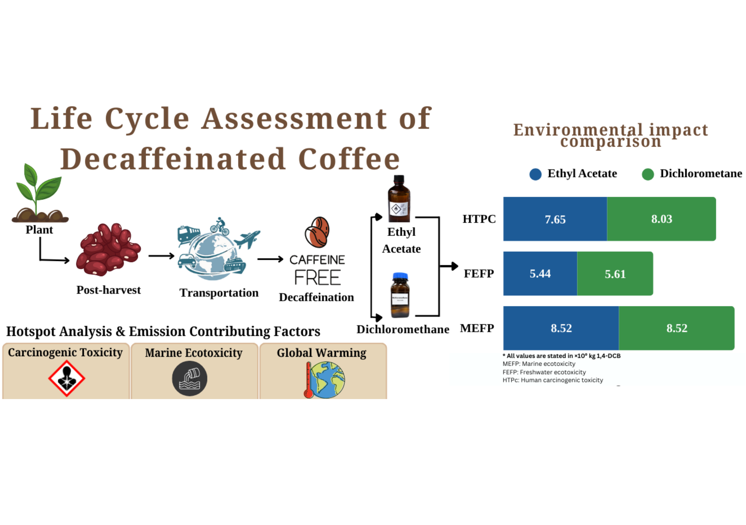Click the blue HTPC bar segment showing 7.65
(555, 219)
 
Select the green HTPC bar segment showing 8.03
(661, 219)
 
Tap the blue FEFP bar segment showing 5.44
(540, 273)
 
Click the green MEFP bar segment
(677, 328)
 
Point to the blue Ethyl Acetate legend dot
(535, 174)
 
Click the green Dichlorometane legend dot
(648, 174)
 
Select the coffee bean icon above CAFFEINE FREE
(317, 232)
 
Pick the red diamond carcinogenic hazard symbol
(67, 378)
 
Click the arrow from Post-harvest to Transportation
(162, 256)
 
